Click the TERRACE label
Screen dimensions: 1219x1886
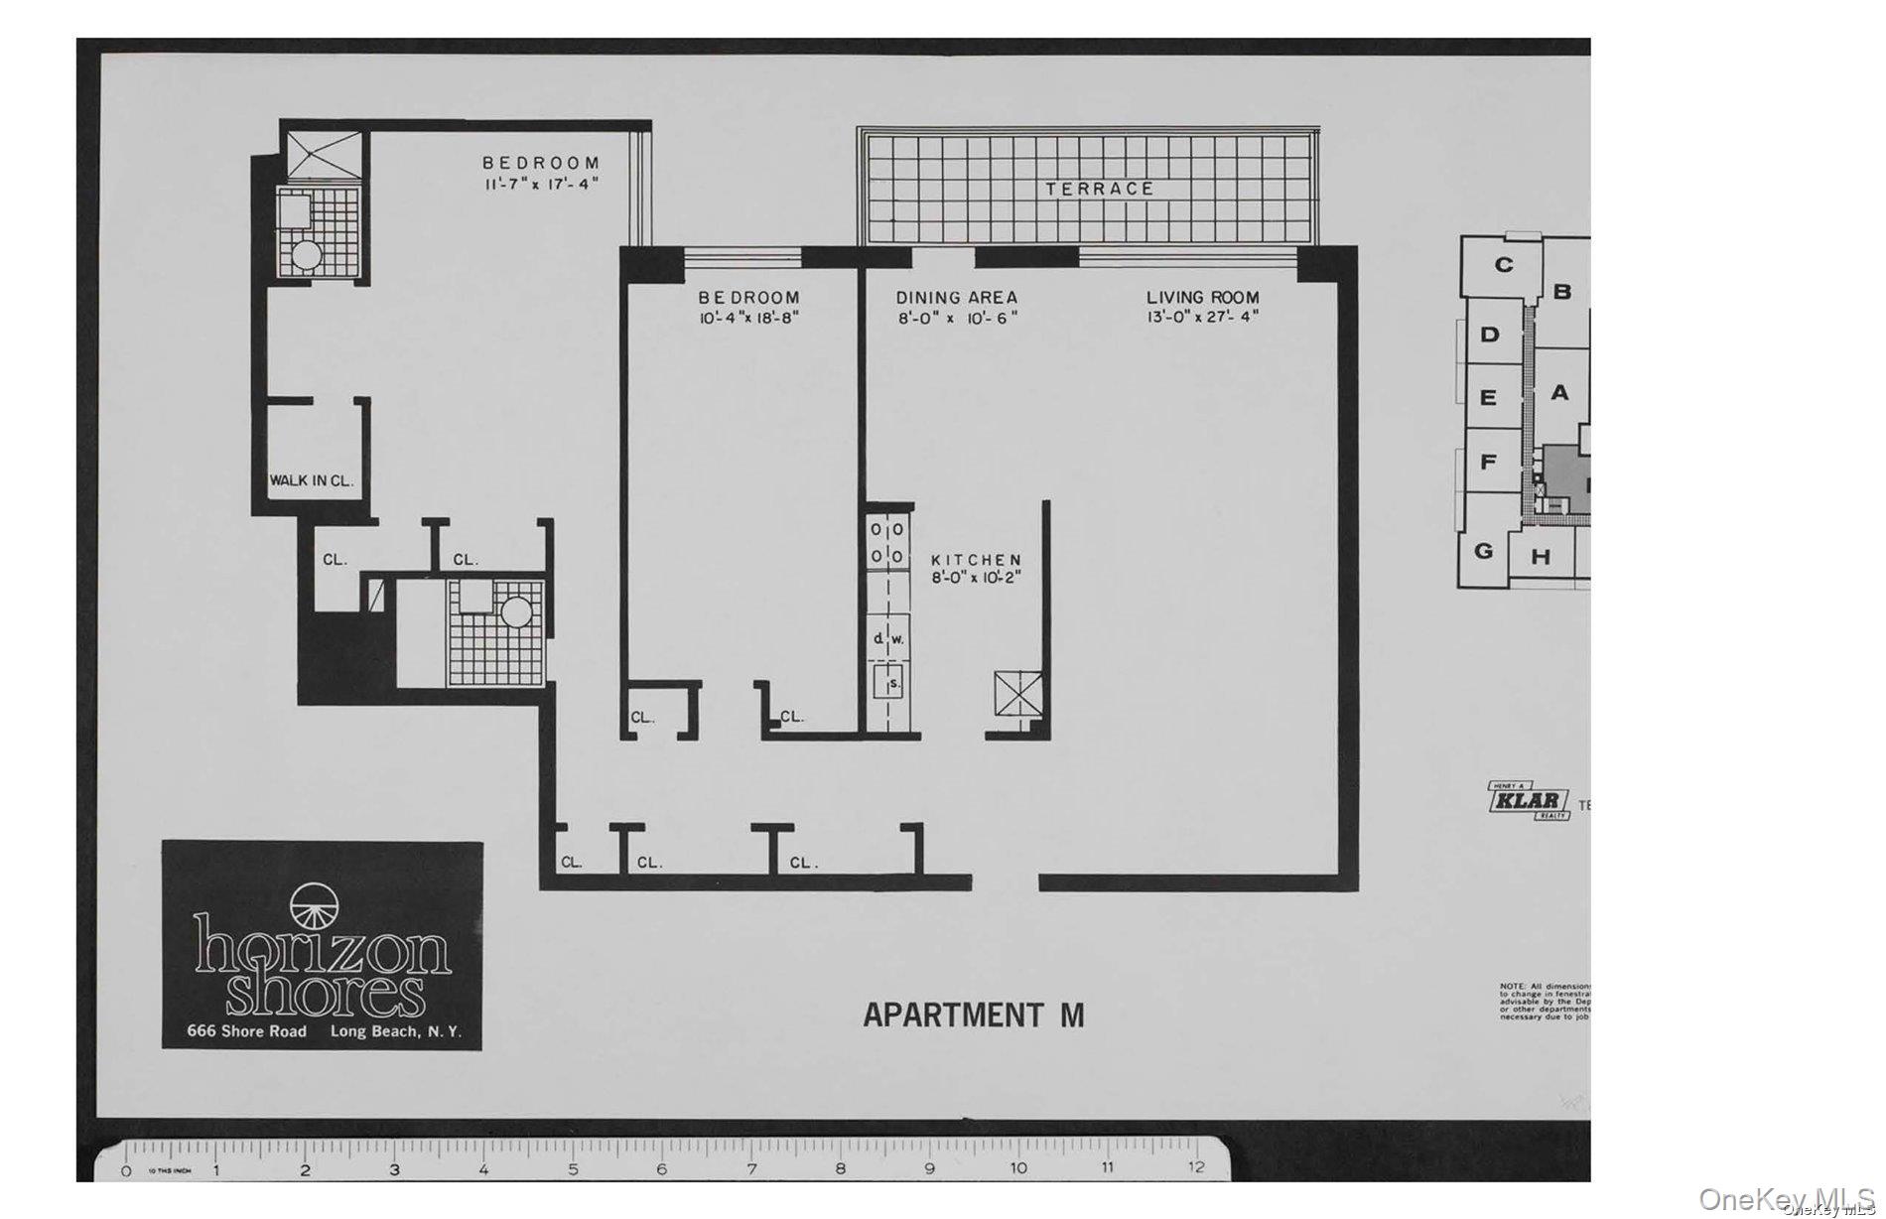click(x=1099, y=189)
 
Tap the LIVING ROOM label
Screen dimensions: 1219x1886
click(x=1202, y=297)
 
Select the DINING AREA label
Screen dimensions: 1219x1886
click(x=956, y=297)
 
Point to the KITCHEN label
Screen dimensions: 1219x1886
click(x=976, y=561)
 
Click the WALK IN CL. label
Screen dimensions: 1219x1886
click(x=312, y=481)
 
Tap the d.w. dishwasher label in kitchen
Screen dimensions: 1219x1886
click(x=888, y=639)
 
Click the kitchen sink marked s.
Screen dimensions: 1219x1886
click(x=891, y=683)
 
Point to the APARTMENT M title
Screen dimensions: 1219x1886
click(x=973, y=1015)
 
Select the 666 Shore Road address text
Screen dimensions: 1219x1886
click(x=247, y=1031)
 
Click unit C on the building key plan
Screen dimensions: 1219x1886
click(x=1504, y=265)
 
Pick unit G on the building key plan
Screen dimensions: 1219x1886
click(x=1483, y=550)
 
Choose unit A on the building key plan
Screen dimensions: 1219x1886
click(x=1559, y=393)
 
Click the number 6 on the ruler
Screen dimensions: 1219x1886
click(x=661, y=1169)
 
